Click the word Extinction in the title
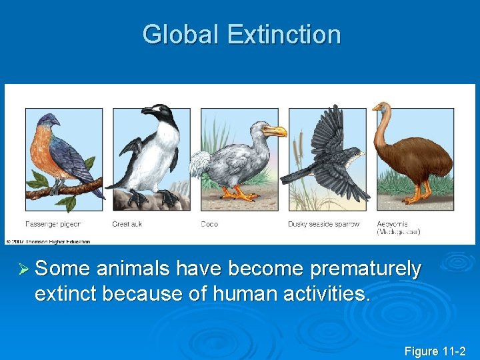point(284,35)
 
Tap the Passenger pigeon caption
point(53,224)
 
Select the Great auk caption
point(127,224)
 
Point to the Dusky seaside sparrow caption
point(323,224)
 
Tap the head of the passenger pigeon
point(49,121)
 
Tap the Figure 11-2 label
point(434,351)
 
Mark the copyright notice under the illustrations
point(48,241)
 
